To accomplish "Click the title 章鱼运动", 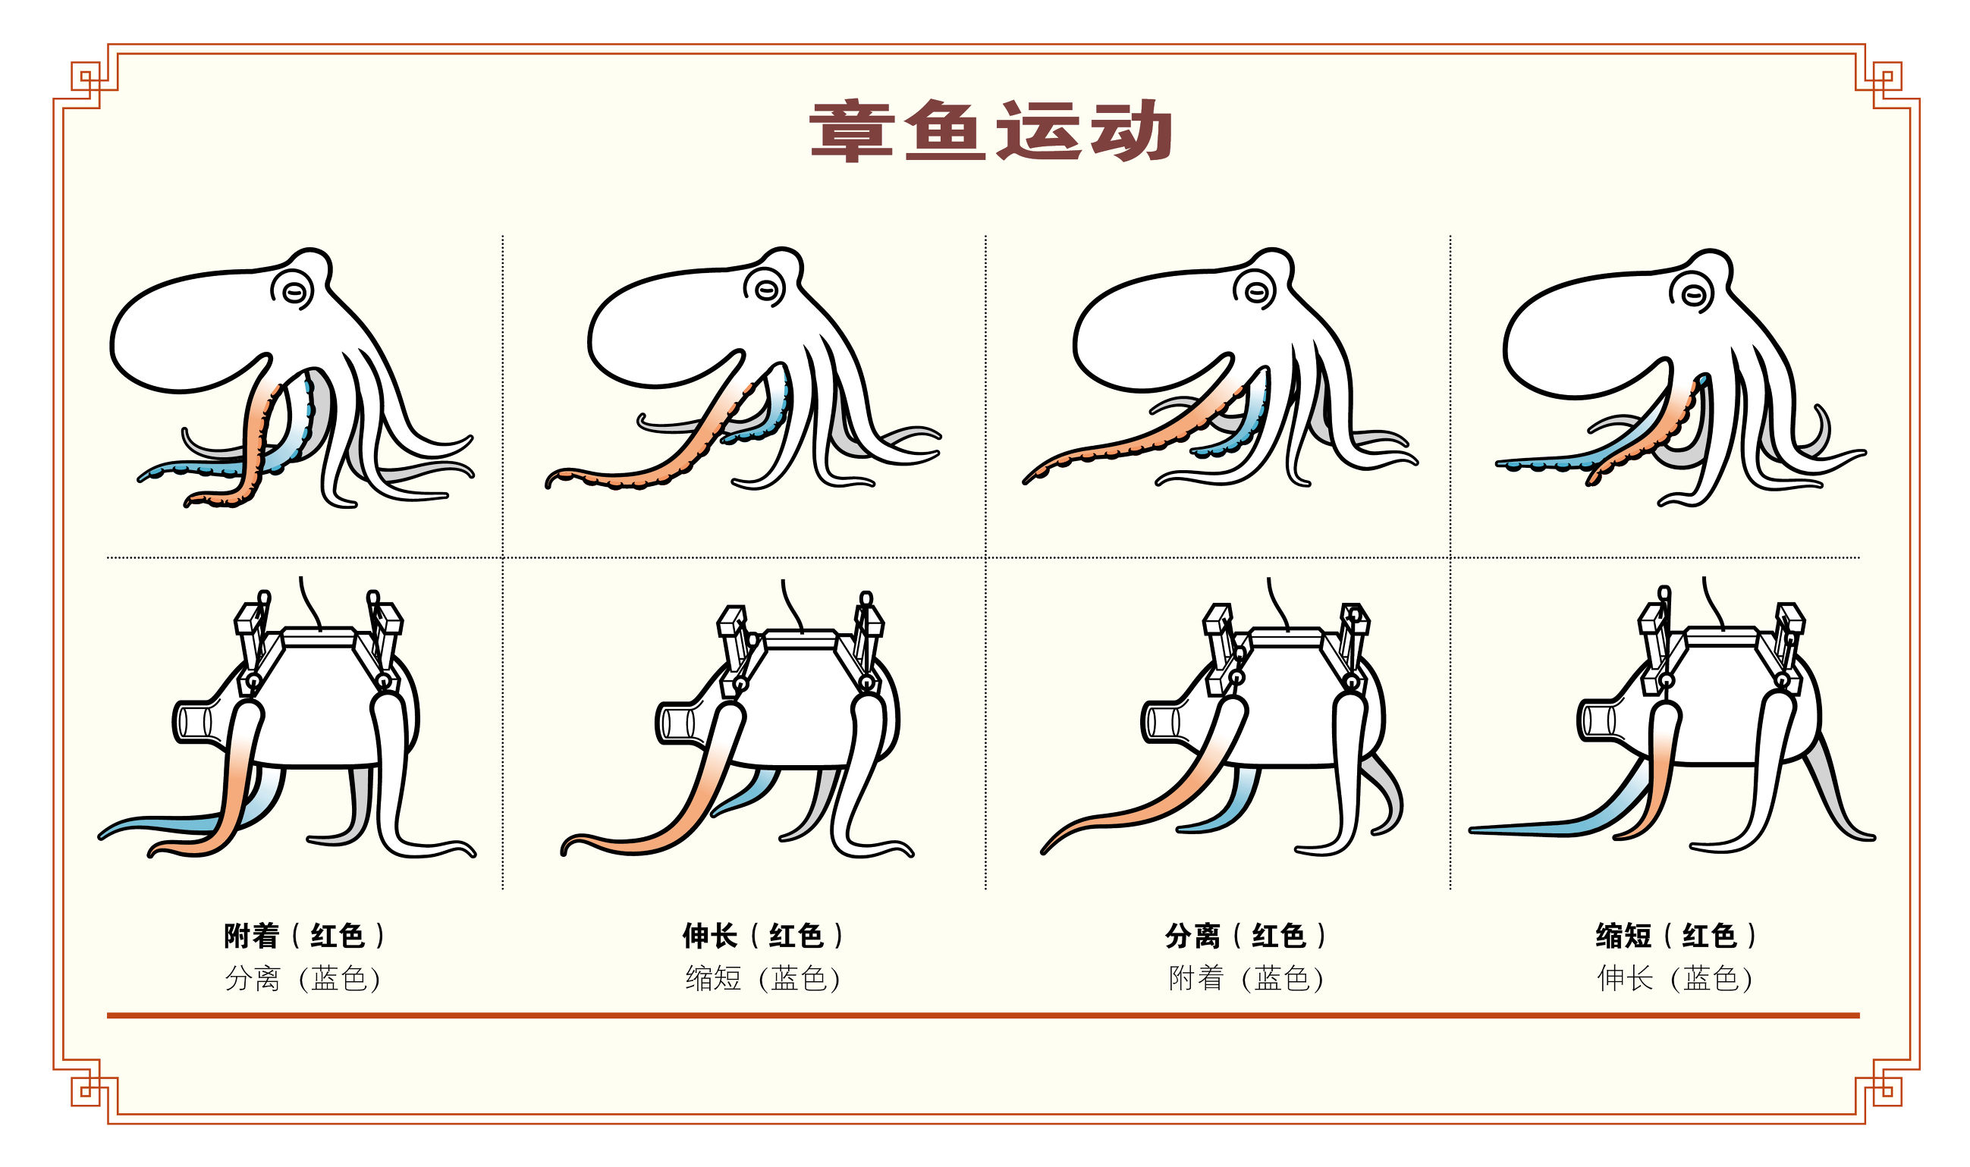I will pyautogui.click(x=990, y=130).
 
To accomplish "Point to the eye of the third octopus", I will pyautogui.click(x=1257, y=293).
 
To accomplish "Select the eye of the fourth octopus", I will pyautogui.click(x=1692, y=296).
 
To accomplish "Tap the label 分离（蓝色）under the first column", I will pyautogui.click(x=303, y=978).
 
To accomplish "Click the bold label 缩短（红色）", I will pyautogui.click(x=1675, y=936).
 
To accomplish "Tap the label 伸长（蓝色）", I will pyautogui.click(x=1675, y=978).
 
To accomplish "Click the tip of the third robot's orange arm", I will pyautogui.click(x=1045, y=850).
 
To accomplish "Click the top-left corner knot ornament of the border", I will pyautogui.click(x=86, y=79).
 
